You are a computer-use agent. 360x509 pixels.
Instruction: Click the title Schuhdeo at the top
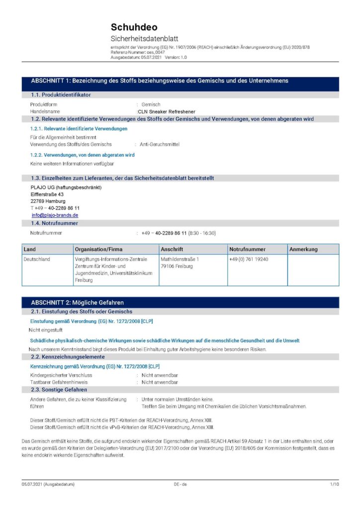[x=134, y=27]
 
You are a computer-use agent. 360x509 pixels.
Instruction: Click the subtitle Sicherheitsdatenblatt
[x=144, y=39]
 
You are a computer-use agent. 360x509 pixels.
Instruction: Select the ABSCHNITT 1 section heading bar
[x=180, y=81]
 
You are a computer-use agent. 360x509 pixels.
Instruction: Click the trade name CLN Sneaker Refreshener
[x=167, y=112]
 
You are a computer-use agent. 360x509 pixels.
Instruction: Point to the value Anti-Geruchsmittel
[x=160, y=144]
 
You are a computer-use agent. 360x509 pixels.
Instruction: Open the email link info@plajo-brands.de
[x=55, y=215]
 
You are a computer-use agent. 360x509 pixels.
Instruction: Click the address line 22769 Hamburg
[x=44, y=201]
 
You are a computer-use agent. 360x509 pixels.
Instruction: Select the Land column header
[x=30, y=249]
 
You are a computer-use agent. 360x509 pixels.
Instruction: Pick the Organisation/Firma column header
[x=98, y=249]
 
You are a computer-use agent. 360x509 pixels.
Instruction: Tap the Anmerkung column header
[x=303, y=249]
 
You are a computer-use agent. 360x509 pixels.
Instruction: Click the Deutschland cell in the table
[x=37, y=259]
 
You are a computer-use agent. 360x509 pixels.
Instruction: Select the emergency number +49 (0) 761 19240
[x=249, y=259]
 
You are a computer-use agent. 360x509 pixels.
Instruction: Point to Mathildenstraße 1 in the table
[x=180, y=259]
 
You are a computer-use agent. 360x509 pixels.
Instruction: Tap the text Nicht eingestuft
[x=46, y=330]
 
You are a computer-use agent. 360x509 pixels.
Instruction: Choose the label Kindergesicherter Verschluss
[x=61, y=375]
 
